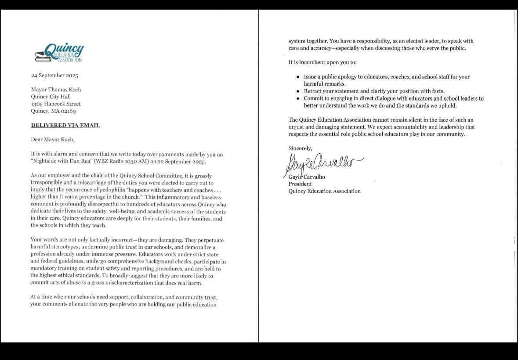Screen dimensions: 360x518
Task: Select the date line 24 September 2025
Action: [54, 76]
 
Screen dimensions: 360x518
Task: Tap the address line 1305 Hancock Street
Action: [56, 104]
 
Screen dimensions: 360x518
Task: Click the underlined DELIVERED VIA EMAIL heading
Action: [65, 125]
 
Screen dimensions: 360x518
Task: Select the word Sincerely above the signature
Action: [300, 148]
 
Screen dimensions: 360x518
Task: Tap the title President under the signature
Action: [300, 184]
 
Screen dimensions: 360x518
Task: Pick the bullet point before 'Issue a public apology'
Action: [299, 77]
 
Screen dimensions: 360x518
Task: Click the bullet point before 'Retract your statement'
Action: [299, 91]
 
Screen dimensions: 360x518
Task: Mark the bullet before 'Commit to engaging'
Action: [299, 98]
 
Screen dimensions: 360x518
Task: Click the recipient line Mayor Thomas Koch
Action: [56, 90]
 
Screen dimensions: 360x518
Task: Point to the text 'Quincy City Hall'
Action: [51, 97]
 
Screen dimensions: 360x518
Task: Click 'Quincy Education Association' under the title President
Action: [324, 191]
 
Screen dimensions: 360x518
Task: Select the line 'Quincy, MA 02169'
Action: [53, 111]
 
